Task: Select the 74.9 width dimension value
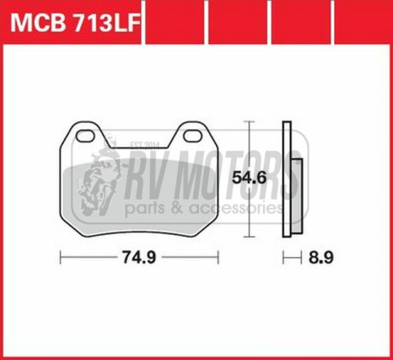pos(140,256)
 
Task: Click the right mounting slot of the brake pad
pos(193,133)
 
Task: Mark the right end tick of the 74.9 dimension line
pos(218,256)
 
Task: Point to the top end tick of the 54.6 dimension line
pos(249,121)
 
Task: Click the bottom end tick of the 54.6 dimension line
pos(249,238)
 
